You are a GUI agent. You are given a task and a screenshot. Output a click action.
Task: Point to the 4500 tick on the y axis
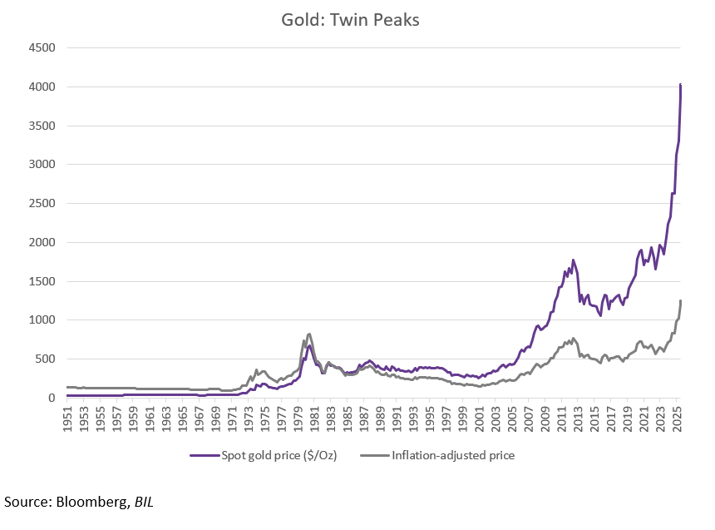pyautogui.click(x=42, y=48)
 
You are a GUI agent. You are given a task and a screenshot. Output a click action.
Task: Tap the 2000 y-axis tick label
pyautogui.click(x=42, y=242)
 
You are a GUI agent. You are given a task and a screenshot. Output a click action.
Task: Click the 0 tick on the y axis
pyautogui.click(x=51, y=398)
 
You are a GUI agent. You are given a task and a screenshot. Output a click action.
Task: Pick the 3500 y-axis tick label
pyautogui.click(x=42, y=126)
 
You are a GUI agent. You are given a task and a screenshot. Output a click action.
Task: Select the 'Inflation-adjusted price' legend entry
pyautogui.click(x=446, y=455)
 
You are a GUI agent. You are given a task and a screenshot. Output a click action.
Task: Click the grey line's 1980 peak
pyautogui.click(x=309, y=334)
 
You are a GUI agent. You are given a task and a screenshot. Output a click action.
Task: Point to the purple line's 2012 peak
pyautogui.click(x=573, y=260)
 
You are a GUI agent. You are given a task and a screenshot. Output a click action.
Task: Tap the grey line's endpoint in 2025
pyautogui.click(x=681, y=300)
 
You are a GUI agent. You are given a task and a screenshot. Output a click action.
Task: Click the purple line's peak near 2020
pyautogui.click(x=641, y=250)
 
